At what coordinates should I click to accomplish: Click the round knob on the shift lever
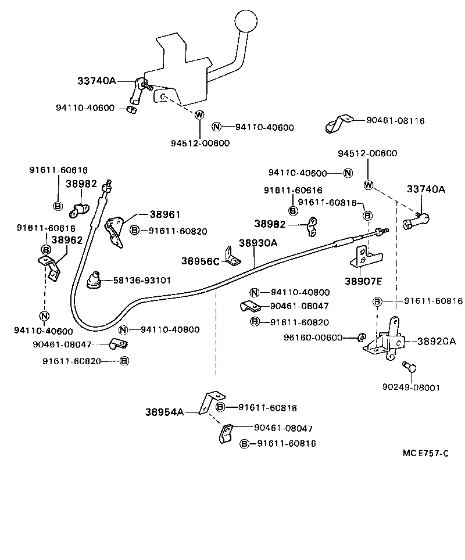pyautogui.click(x=246, y=23)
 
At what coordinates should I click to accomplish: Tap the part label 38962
pyautogui.click(x=67, y=239)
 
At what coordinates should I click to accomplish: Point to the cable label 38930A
pyautogui.click(x=258, y=243)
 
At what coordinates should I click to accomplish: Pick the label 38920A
pyautogui.click(x=437, y=342)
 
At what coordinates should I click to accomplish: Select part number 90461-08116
pyautogui.click(x=395, y=121)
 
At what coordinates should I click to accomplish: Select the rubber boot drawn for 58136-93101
pyautogui.click(x=93, y=279)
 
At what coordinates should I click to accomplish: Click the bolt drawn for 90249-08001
pyautogui.click(x=408, y=367)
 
